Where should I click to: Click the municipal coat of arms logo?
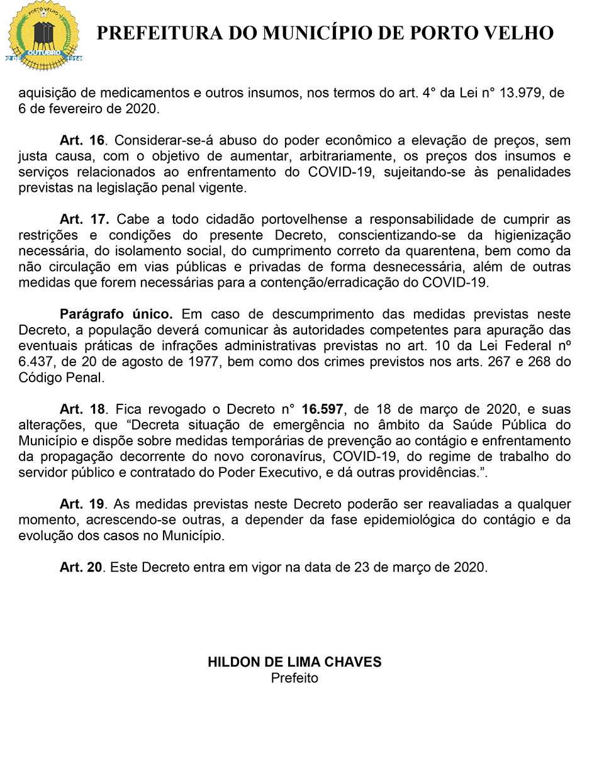coord(43,36)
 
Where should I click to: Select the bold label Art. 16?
coord(82,140)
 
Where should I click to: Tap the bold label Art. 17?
coord(84,220)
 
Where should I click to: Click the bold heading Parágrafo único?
coord(116,314)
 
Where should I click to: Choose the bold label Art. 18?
coord(82,409)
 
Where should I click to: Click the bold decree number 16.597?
coord(322,409)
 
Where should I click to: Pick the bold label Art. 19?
coord(82,504)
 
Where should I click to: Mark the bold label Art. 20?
coord(81,567)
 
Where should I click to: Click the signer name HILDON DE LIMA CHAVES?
coord(294,662)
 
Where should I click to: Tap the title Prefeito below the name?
coord(294,678)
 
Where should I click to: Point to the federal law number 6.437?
coord(36,362)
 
